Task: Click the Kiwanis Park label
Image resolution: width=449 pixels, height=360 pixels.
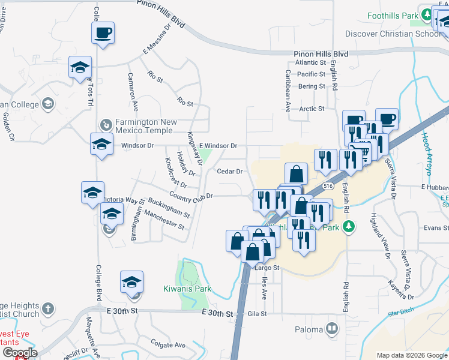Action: click(187, 289)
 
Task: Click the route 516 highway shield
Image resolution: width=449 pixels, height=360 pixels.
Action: click(327, 187)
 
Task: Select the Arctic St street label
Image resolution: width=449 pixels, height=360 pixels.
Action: click(312, 109)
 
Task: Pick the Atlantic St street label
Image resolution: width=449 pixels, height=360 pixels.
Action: click(310, 62)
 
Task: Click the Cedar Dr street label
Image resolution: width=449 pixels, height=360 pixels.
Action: click(229, 171)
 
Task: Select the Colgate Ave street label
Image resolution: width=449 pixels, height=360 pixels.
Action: click(168, 345)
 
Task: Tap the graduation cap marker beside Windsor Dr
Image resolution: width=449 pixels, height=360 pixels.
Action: click(101, 144)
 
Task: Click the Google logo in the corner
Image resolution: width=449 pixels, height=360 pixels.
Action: click(19, 353)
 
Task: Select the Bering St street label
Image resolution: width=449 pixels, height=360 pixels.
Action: click(311, 86)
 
